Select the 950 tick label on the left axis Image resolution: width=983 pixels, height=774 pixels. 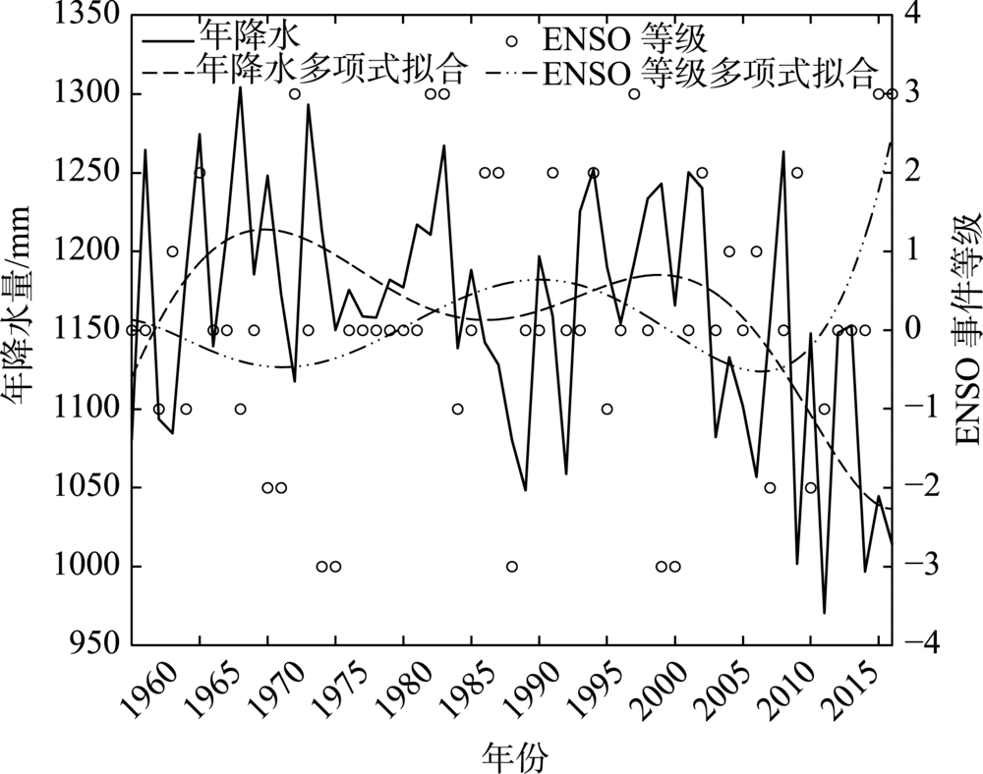pos(93,645)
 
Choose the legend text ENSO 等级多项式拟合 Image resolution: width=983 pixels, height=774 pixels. pos(708,70)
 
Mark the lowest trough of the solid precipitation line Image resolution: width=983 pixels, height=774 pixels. pos(824,613)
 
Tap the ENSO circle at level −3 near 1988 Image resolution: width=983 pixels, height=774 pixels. pos(511,567)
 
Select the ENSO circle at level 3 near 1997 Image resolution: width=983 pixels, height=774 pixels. pos(634,94)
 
